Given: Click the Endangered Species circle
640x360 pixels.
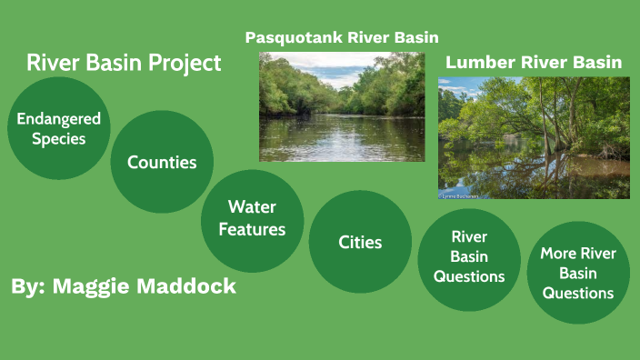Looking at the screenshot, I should pyautogui.click(x=58, y=128).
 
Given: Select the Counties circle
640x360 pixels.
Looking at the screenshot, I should pyautogui.click(x=162, y=162).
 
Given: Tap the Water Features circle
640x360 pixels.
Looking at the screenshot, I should pyautogui.click(x=252, y=219).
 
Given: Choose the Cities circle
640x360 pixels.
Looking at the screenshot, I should pyautogui.click(x=360, y=242).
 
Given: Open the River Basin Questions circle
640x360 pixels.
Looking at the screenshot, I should pyautogui.click(x=469, y=257).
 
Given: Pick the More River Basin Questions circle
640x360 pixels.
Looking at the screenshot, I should pyautogui.click(x=578, y=272).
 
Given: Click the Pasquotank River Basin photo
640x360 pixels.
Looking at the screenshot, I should pyautogui.click(x=342, y=107).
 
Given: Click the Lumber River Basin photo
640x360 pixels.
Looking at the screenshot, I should pyautogui.click(x=534, y=137).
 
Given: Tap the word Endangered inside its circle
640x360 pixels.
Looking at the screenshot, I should pyautogui.click(x=58, y=119).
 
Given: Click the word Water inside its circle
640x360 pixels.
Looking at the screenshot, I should pyautogui.click(x=252, y=207).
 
